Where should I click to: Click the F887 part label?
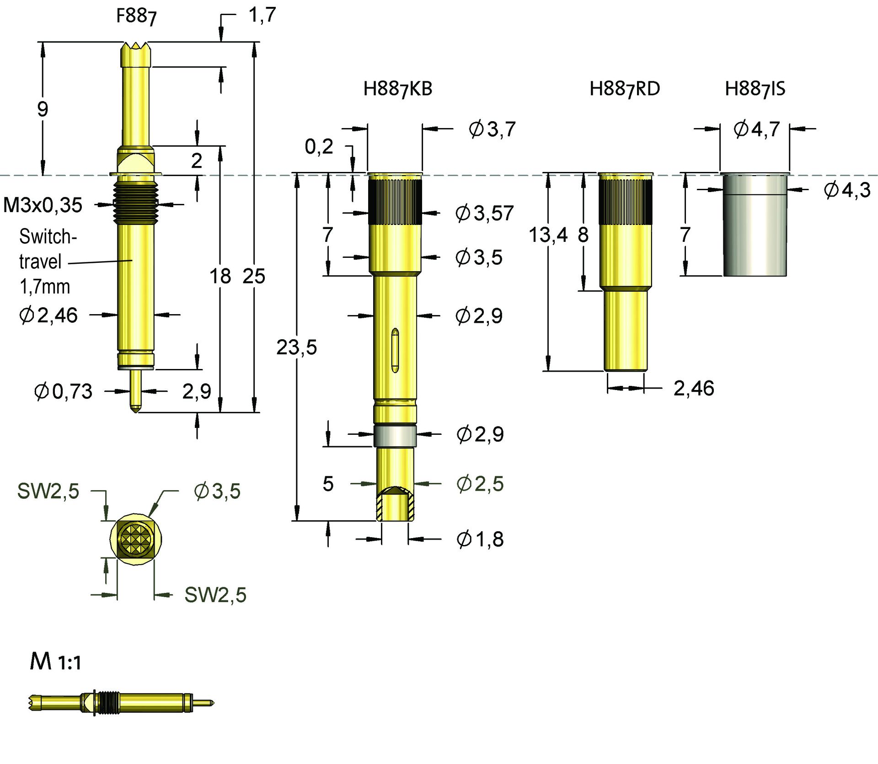click(136, 16)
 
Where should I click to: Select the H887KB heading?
click(397, 89)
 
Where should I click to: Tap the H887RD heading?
click(625, 89)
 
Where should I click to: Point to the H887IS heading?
click(755, 89)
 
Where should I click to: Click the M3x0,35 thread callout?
click(43, 205)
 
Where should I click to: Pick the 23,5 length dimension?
click(296, 347)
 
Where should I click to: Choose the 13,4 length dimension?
click(548, 235)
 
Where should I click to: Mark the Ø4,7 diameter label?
click(756, 129)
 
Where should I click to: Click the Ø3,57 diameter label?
click(485, 213)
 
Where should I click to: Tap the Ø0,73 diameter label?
click(63, 391)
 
